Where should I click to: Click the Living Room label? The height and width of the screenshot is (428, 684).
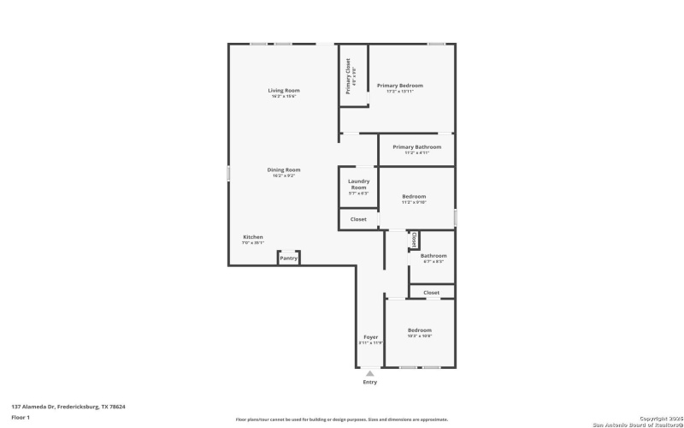(284, 90)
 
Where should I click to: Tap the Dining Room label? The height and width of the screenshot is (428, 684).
(284, 169)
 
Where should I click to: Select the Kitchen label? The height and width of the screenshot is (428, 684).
(253, 237)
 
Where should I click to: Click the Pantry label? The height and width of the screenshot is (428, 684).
(289, 258)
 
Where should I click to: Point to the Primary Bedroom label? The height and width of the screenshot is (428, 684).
(400, 86)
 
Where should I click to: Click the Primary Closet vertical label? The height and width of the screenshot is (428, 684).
(349, 75)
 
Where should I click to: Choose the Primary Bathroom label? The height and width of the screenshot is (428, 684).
(417, 147)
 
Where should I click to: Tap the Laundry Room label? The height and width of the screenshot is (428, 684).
(358, 184)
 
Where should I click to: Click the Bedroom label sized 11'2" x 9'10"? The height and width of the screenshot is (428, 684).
(414, 197)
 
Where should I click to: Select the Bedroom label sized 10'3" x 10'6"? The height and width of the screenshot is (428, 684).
(419, 330)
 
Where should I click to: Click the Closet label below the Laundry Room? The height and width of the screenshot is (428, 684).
(358, 219)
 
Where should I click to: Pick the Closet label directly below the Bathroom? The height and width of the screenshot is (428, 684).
(432, 293)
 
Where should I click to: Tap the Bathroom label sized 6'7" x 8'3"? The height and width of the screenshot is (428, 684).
(433, 256)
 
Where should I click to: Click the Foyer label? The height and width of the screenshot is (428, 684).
(370, 337)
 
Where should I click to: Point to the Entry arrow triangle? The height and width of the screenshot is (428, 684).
(369, 372)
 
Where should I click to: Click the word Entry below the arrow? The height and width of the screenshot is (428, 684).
(369, 382)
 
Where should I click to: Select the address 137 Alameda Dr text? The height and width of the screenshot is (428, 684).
(68, 407)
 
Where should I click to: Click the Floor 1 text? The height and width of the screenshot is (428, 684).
(21, 417)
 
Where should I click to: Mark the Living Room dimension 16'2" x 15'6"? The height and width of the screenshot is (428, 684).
(284, 96)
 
